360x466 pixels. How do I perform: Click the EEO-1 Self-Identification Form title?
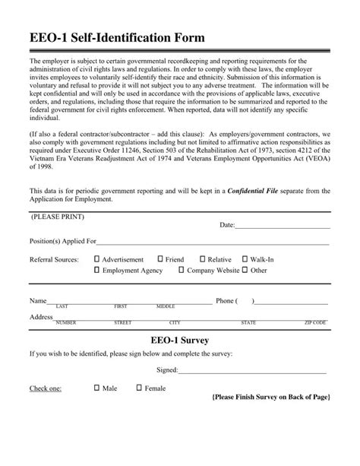pyautogui.click(x=117, y=37)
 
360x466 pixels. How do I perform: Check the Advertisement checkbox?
pyautogui.click(x=97, y=259)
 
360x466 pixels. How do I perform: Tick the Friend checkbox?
pyautogui.click(x=160, y=259)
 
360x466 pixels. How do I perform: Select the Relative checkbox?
pyautogui.click(x=202, y=259)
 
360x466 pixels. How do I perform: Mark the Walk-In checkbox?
pyautogui.click(x=244, y=259)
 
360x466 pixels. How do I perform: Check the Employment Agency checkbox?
pyautogui.click(x=97, y=270)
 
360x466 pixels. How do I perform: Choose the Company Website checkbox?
pyautogui.click(x=181, y=270)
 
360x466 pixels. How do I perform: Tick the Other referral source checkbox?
pyautogui.click(x=245, y=270)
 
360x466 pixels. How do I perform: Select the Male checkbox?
pyautogui.click(x=97, y=388)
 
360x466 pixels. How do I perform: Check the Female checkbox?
pyautogui.click(x=139, y=388)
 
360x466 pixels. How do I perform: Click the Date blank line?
pyautogui.click(x=283, y=226)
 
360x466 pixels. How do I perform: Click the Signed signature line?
pyautogui.click(x=252, y=370)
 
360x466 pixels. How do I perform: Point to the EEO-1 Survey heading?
pyautogui.click(x=180, y=339)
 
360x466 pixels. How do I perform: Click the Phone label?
pyautogui.click(x=226, y=300)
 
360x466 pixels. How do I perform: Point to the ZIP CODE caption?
pyautogui.click(x=315, y=322)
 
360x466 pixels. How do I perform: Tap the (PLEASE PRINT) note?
pyautogui.click(x=58, y=217)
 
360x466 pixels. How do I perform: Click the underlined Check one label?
pyautogui.click(x=46, y=388)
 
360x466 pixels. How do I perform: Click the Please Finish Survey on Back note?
pyautogui.click(x=270, y=398)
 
